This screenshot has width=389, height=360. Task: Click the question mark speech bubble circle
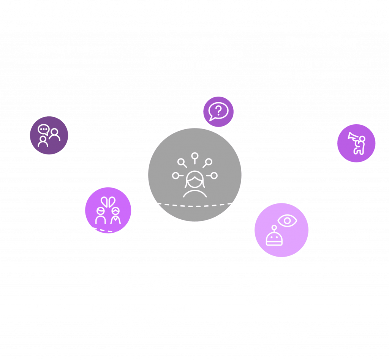tap(218, 111)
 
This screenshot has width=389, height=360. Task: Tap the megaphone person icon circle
tap(356, 143)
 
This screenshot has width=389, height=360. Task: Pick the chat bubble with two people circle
tap(49, 135)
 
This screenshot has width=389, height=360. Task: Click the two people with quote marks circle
tap(108, 210)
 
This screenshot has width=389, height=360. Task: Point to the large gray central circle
tap(194, 174)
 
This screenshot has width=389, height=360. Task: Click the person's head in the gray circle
tap(194, 178)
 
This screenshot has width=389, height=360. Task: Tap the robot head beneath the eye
tap(274, 239)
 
